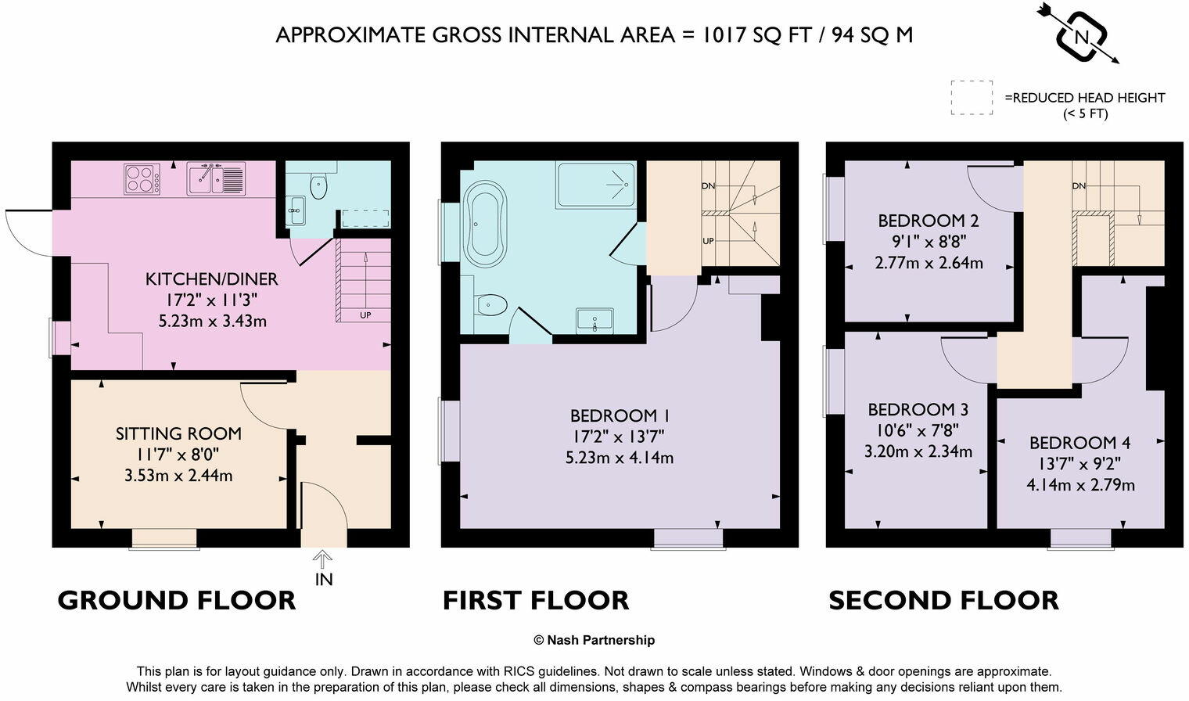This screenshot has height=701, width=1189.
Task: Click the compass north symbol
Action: (1081, 35)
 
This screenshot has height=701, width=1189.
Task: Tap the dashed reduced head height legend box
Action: (972, 98)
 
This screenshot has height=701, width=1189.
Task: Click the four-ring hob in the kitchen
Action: (142, 179)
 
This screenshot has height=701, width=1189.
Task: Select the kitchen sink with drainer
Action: (216, 179)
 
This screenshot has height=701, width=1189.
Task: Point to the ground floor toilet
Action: (318, 186)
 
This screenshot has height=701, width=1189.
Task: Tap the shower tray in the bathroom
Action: (596, 185)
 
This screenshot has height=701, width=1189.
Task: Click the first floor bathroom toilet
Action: (490, 304)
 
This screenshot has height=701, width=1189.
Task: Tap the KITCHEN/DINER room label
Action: (211, 279)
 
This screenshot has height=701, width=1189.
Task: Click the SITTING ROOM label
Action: (178, 433)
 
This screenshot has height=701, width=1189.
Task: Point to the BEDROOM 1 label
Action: (620, 415)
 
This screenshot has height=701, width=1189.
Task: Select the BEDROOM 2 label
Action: (929, 221)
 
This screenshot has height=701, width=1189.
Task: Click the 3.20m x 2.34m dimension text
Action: (918, 451)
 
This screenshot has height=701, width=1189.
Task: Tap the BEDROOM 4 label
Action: (1079, 443)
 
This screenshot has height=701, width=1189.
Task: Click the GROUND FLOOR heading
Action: (177, 601)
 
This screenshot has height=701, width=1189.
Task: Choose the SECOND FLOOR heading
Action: (943, 601)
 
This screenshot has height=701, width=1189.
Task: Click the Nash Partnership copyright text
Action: (594, 640)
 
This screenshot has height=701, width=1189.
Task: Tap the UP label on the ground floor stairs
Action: (365, 315)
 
